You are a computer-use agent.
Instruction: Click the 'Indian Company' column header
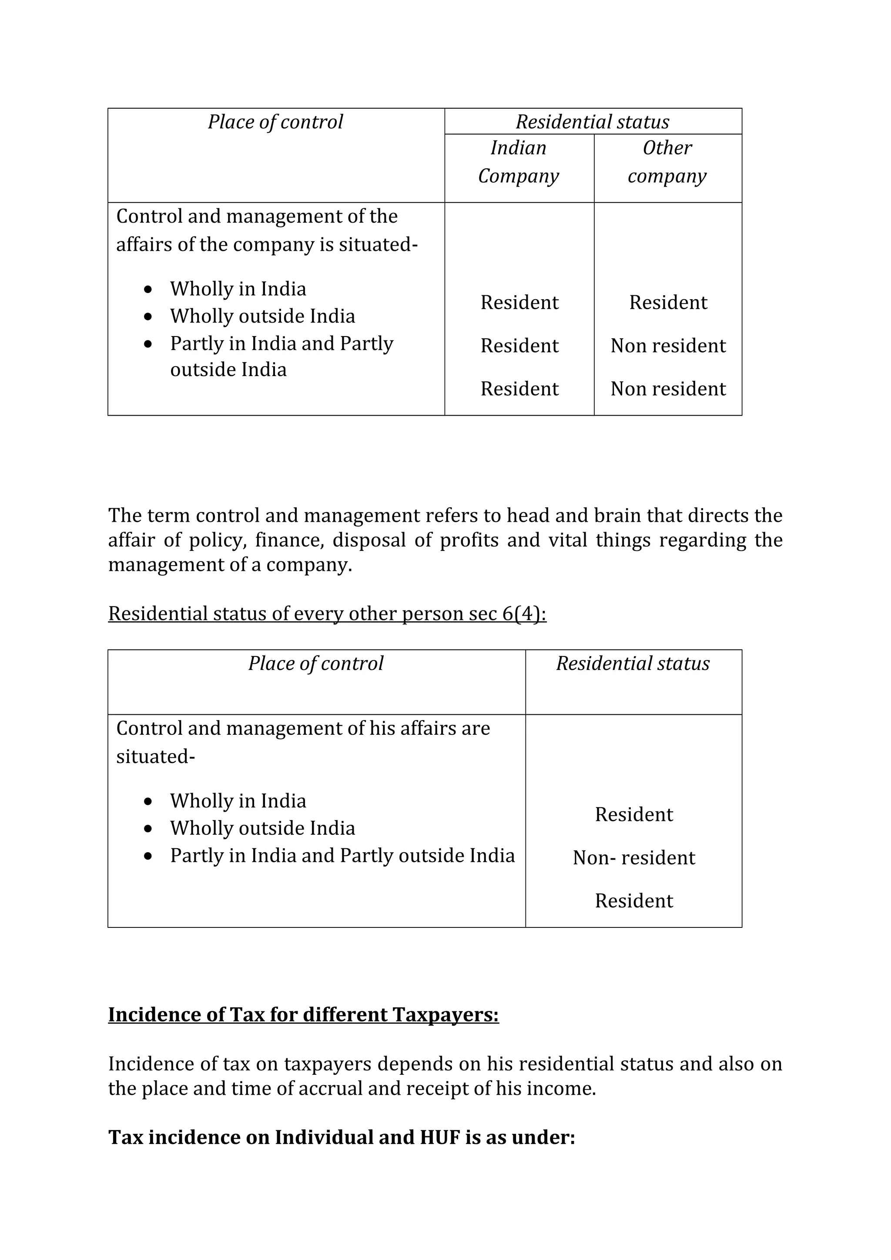(x=518, y=162)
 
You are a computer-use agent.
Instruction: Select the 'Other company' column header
(x=667, y=162)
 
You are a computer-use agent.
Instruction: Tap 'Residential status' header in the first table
(x=593, y=122)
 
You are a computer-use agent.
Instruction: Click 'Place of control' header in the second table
(x=316, y=663)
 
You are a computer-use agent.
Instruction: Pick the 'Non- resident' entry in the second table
(x=633, y=858)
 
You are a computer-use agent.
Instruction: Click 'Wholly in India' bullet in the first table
(x=238, y=289)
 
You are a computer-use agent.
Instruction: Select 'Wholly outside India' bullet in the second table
(x=262, y=828)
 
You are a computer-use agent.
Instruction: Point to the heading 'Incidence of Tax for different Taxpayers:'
(x=303, y=1015)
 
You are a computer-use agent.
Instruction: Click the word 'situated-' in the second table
(x=155, y=757)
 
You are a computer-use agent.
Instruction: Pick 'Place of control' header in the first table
(x=275, y=122)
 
